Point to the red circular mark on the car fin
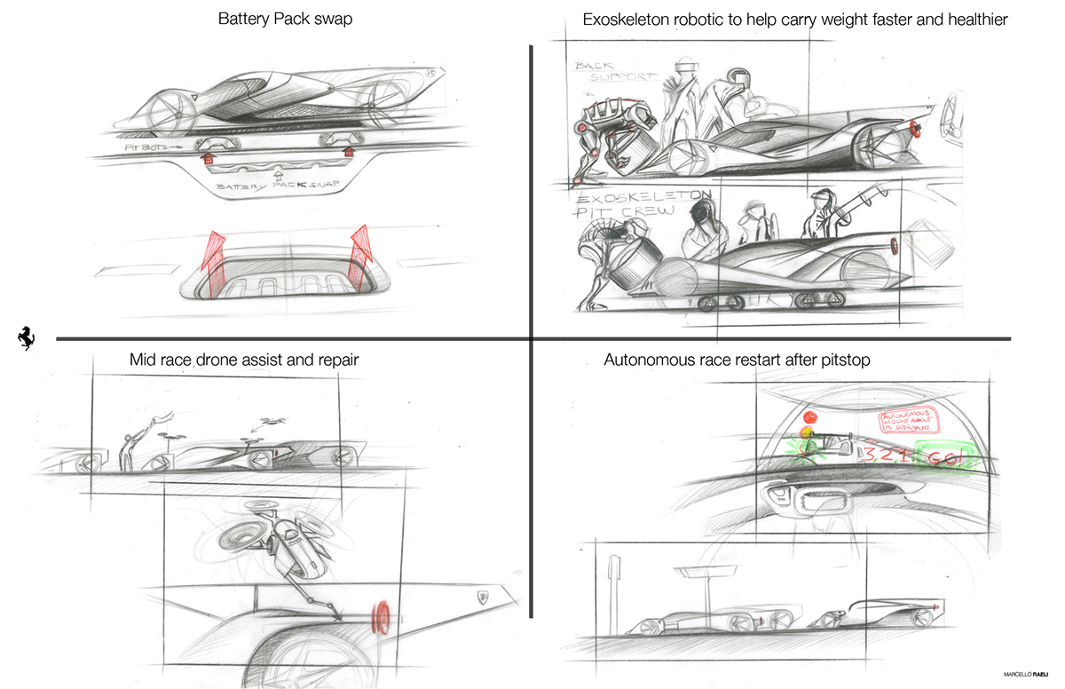[383, 614]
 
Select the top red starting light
[809, 416]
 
